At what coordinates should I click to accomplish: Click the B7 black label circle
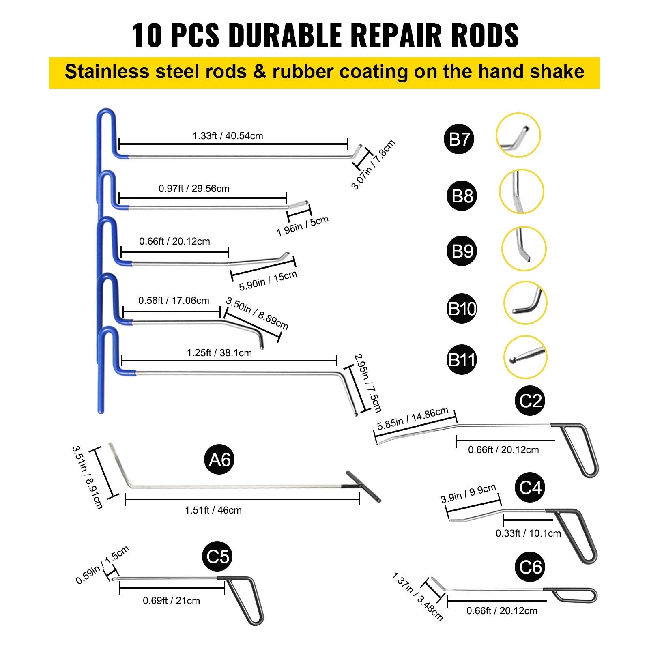[459, 139]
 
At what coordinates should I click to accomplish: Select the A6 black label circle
[219, 460]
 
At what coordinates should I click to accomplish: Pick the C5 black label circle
[218, 557]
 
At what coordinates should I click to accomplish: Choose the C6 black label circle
[530, 567]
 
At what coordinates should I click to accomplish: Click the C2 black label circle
[530, 401]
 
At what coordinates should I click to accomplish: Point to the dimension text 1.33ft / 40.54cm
[228, 136]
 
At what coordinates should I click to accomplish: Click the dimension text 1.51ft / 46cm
[213, 510]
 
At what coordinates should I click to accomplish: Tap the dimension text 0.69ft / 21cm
[171, 601]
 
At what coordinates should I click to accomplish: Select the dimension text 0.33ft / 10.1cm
[528, 533]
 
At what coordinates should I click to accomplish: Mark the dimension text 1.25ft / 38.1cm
[219, 353]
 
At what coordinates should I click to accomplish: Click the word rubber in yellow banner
[303, 72]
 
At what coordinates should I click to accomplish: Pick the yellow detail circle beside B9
[524, 249]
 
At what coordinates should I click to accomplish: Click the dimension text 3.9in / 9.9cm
[468, 494]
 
